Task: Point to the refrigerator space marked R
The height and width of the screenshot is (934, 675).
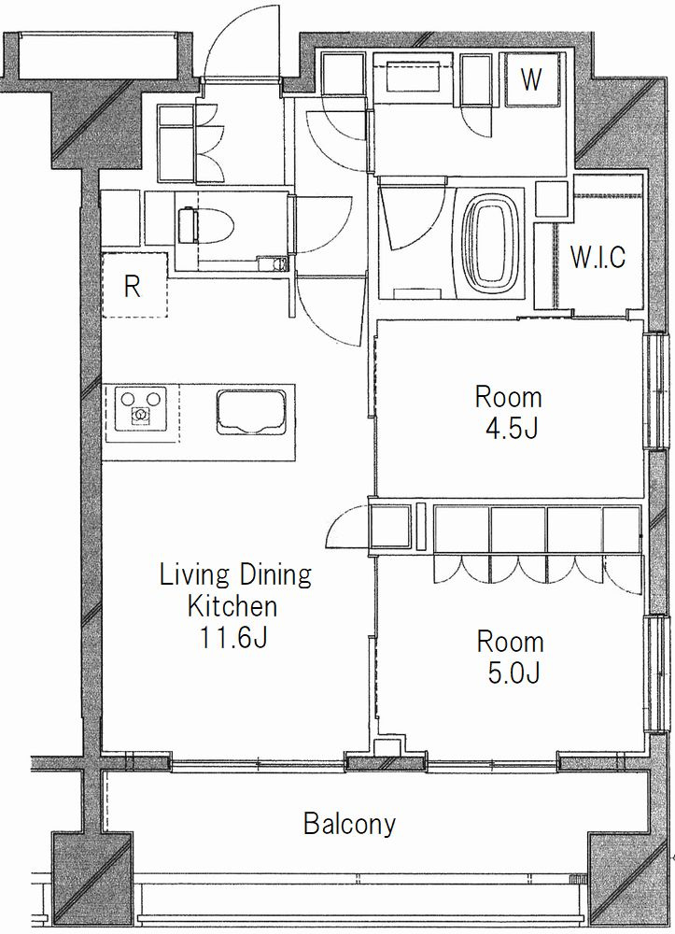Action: [x=134, y=285]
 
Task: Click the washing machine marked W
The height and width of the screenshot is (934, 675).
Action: [x=532, y=79]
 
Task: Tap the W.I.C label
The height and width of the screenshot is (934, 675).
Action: [x=598, y=257]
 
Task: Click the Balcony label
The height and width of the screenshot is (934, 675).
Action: [x=349, y=824]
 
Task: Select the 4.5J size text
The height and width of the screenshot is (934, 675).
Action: [x=512, y=429]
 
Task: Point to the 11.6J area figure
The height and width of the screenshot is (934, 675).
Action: [x=232, y=638]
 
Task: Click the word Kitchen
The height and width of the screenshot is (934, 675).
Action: [x=232, y=606]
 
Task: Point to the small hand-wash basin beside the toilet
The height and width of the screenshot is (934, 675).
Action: [x=272, y=263]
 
